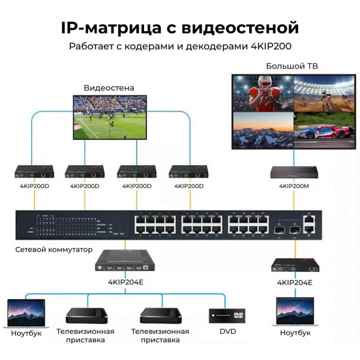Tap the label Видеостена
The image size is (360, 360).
click(x=109, y=88)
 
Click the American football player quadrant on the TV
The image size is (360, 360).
click(x=262, y=93)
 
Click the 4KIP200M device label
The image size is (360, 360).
click(x=294, y=186)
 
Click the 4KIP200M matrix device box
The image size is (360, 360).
click(x=293, y=173)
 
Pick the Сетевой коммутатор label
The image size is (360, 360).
click(x=54, y=248)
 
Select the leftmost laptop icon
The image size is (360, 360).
click(x=25, y=313)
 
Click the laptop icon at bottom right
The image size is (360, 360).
click(x=294, y=312)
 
